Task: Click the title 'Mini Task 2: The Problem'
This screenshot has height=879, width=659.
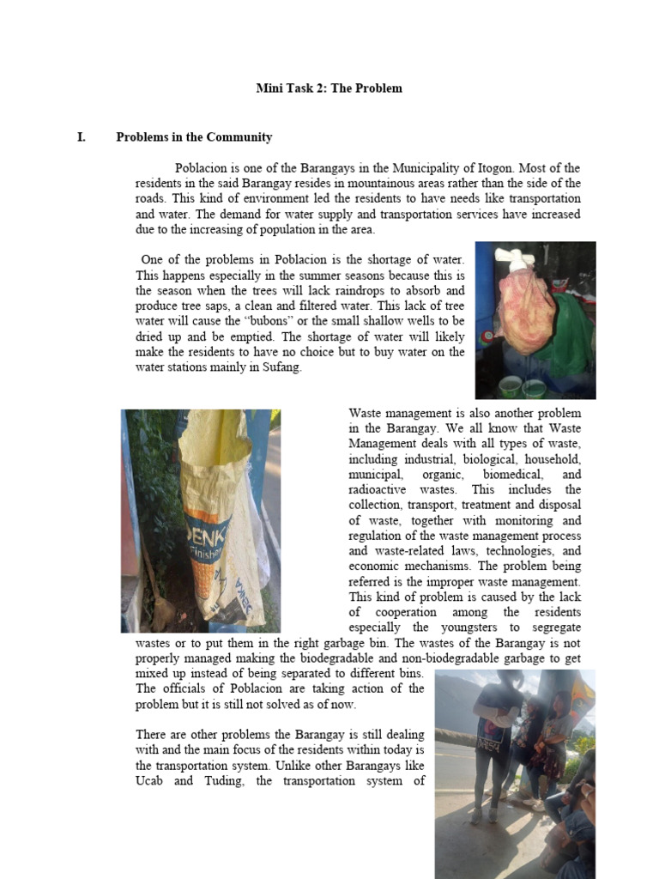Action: coord(329,88)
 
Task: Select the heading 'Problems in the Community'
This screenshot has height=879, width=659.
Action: coord(194,137)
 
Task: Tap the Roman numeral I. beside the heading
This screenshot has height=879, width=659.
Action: coord(82,137)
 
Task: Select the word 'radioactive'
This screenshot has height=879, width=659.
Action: coord(379,489)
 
